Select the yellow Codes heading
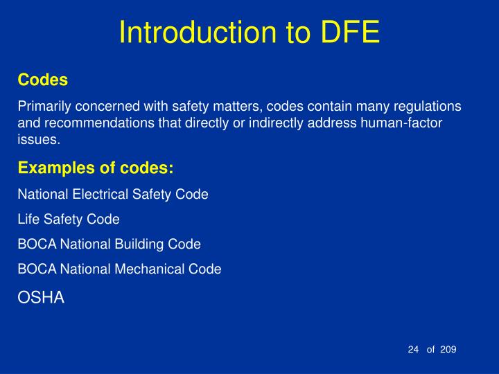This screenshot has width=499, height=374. pyautogui.click(x=42, y=80)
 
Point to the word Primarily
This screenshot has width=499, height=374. pyautogui.click(x=43, y=107)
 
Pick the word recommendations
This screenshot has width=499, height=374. pyautogui.click(x=89, y=123)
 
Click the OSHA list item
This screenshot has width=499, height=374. pyautogui.click(x=40, y=298)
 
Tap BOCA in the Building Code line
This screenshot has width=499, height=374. pyautogui.click(x=37, y=244)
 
